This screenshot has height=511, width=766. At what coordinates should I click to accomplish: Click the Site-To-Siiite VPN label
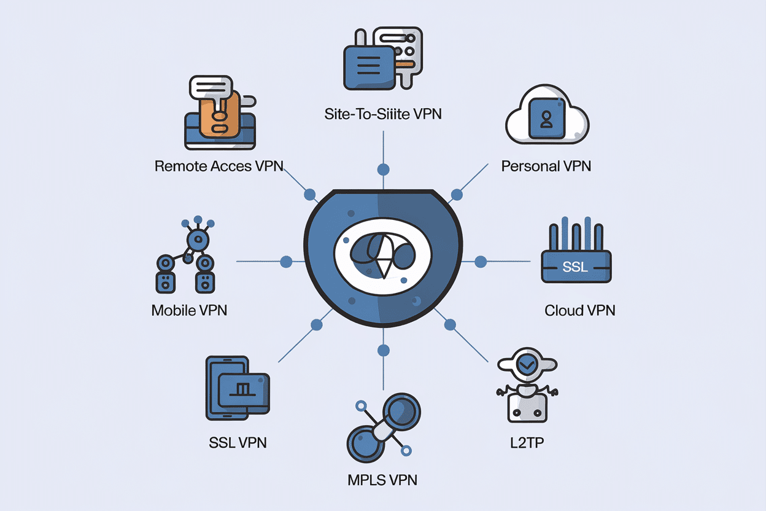pos(383,114)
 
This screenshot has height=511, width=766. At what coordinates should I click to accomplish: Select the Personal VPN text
pos(546,166)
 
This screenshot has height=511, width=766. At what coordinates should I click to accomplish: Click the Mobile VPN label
pos(189,310)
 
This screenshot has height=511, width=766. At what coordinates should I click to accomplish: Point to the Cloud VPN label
pos(579,310)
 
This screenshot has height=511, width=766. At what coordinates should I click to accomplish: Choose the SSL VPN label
pos(238,442)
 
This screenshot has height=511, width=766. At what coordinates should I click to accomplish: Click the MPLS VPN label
pos(382,480)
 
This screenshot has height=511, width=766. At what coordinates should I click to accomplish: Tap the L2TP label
pos(526,442)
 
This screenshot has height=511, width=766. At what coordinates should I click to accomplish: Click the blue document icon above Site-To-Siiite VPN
pos(368,61)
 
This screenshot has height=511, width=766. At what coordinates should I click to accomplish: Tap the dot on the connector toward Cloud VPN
pos(481,262)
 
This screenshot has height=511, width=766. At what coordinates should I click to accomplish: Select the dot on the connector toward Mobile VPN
pos(285,262)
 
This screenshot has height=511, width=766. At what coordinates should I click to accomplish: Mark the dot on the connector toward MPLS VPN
pos(384,351)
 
